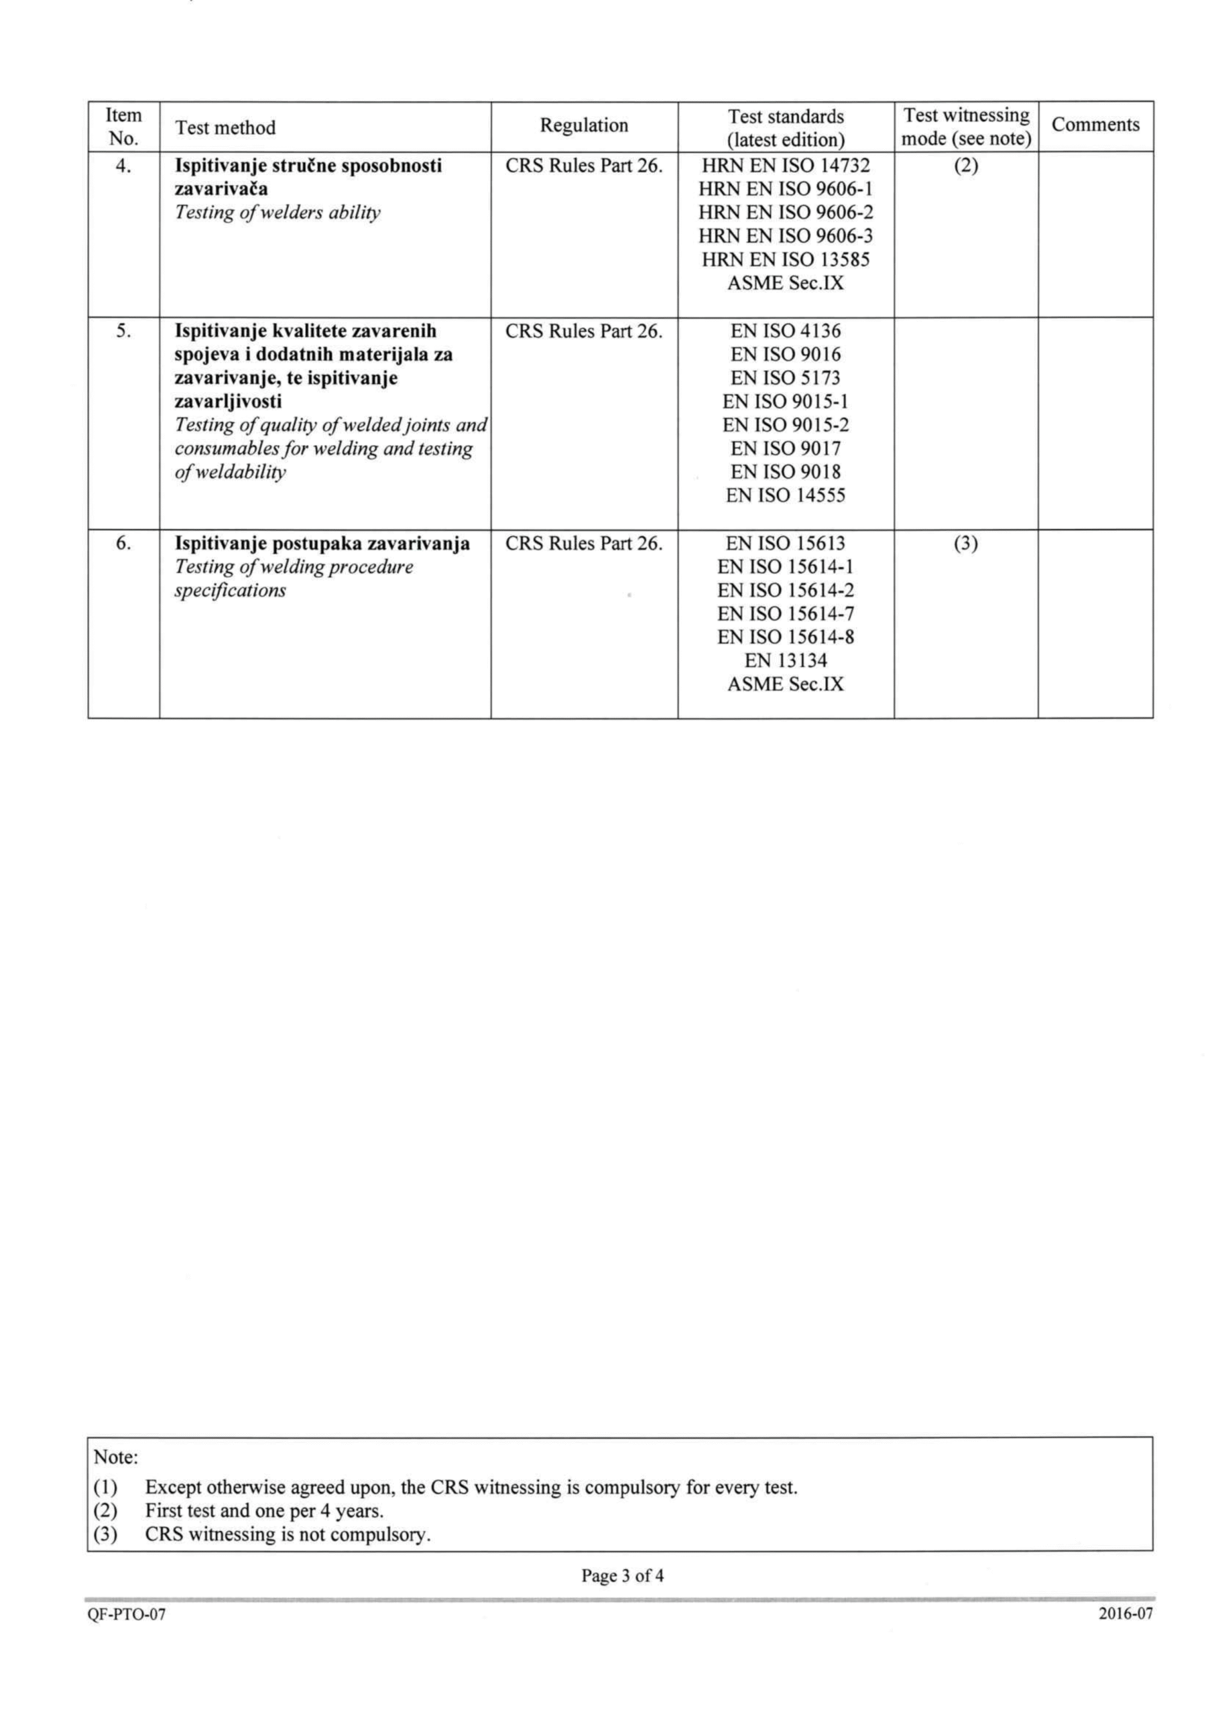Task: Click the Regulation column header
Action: [584, 125]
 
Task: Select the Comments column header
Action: [1095, 125]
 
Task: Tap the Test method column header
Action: [225, 128]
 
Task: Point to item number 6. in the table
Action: [123, 544]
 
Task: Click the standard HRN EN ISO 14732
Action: [786, 165]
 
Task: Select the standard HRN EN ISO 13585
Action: [786, 260]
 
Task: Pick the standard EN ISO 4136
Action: [786, 331]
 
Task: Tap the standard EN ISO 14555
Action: [786, 495]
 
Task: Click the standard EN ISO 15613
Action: [786, 544]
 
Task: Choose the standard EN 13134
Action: [786, 661]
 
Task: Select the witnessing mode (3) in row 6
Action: [966, 544]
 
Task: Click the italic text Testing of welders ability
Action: [278, 213]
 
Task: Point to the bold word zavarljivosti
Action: [228, 402]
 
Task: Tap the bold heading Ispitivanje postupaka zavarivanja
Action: [322, 544]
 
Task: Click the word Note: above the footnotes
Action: [116, 1457]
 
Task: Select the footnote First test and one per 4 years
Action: [264, 1510]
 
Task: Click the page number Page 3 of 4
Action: [623, 1576]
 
